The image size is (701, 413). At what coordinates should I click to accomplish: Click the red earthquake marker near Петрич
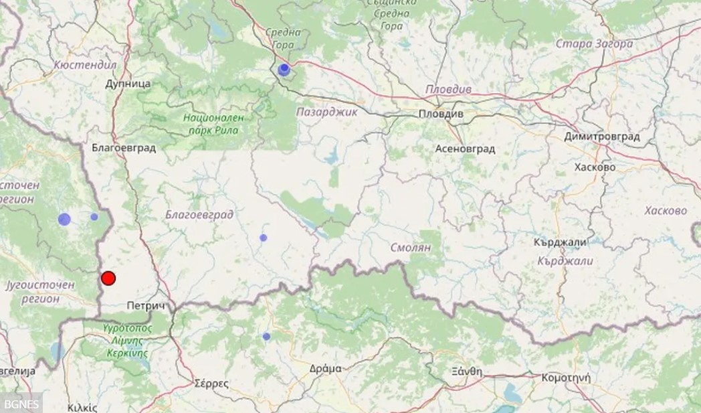pos(108,278)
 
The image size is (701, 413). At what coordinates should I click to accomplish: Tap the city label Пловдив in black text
pos(441,114)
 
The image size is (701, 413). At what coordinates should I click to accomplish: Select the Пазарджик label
pos(326,112)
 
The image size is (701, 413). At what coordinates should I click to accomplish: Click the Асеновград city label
pos(465,149)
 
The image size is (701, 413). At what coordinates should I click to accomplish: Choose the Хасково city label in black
pos(595,167)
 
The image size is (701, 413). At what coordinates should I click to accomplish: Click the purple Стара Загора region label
pos(594,44)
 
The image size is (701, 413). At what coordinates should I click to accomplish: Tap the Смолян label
pos(411,248)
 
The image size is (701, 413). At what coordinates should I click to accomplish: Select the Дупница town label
pos(128,84)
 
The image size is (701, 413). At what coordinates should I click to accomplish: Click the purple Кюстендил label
pos(85,65)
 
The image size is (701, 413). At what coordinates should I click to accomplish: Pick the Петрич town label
pos(146,305)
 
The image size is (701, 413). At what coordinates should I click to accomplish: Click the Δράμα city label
pos(326,368)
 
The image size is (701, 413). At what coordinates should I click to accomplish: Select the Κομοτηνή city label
pos(565,377)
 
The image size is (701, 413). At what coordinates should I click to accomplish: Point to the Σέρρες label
pos(211,384)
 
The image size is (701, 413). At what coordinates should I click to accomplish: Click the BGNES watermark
pos(20,403)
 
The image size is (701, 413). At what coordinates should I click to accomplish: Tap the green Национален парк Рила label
pos(214,124)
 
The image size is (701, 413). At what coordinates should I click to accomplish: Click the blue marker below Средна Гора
pos(284,70)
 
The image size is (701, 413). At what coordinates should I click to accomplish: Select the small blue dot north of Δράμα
pos(266,337)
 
